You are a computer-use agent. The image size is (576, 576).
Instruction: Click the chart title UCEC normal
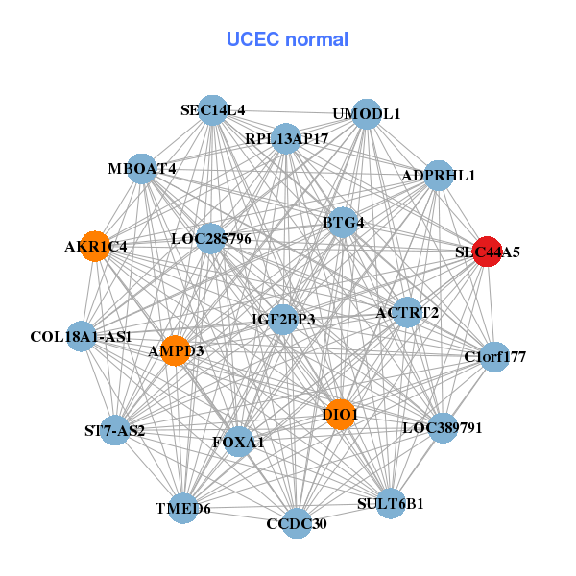coord(287,39)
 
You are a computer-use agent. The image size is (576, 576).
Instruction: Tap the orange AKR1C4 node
coord(94,246)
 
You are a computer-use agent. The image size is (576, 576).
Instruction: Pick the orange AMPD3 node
coord(175,351)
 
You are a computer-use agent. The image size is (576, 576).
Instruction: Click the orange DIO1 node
coord(340,415)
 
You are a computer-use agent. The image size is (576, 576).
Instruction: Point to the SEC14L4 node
coord(213,110)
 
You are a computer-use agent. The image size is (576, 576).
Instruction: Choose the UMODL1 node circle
coord(366,114)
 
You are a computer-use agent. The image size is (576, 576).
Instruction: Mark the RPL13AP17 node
coord(286,139)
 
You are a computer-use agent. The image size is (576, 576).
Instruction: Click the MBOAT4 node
coord(142,169)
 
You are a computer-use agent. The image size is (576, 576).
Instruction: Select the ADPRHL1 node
coord(438,176)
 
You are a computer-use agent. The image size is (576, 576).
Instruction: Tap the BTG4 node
coord(343,223)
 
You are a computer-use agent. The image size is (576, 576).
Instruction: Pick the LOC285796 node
coord(211,237)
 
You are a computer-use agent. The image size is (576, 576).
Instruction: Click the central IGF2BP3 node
coord(283,318)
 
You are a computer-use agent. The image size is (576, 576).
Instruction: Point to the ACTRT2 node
coord(407,312)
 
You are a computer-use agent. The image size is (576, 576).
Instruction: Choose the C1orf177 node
coord(494,358)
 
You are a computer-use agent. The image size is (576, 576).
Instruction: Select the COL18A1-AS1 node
coord(81,337)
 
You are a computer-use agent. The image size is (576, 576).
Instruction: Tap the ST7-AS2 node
coord(114,430)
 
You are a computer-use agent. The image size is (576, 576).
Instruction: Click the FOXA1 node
coord(238,443)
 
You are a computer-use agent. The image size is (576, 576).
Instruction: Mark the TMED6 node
coord(183,508)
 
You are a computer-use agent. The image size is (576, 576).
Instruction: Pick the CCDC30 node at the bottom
coord(298,523)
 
